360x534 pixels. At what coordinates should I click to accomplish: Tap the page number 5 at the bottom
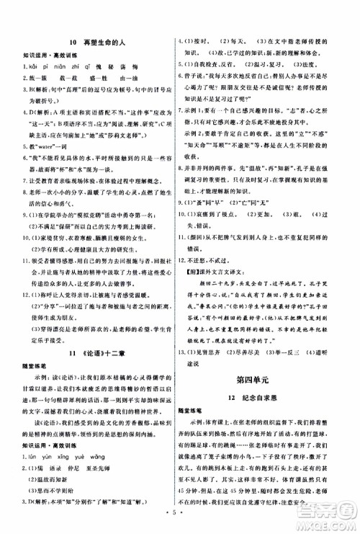pyautogui.click(x=180, y=516)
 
